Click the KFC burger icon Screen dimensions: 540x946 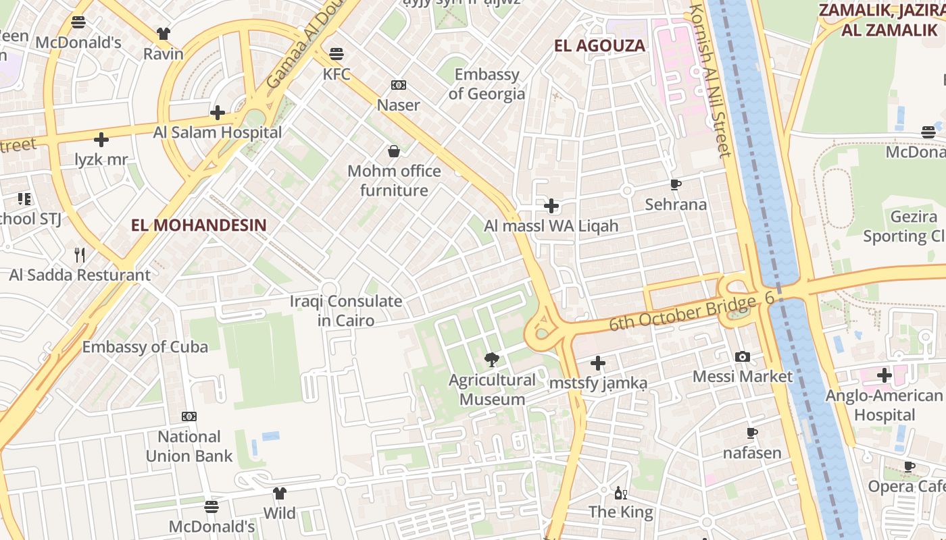(x=337, y=54)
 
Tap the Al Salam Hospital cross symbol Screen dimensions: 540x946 (x=218, y=113)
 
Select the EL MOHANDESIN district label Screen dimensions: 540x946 (x=199, y=225)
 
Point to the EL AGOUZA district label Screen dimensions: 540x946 (x=599, y=46)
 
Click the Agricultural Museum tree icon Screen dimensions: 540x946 (x=492, y=360)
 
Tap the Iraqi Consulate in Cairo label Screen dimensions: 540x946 (x=346, y=310)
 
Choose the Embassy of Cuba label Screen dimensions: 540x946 (x=145, y=347)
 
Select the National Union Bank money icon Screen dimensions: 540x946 (x=189, y=416)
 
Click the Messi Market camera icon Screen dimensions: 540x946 (x=742, y=356)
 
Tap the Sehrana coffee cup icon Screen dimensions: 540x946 (x=676, y=184)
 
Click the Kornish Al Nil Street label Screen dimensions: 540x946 (x=712, y=81)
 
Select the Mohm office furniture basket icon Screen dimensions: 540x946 (x=394, y=151)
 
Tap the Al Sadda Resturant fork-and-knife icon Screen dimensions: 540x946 (x=80, y=254)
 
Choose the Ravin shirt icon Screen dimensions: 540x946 (x=164, y=34)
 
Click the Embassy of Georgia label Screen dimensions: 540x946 (x=487, y=84)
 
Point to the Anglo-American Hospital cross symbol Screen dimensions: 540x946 (x=884, y=375)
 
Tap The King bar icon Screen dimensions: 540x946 (x=620, y=493)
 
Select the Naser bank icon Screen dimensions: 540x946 (x=399, y=85)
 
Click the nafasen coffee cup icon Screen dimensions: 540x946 (x=752, y=433)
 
